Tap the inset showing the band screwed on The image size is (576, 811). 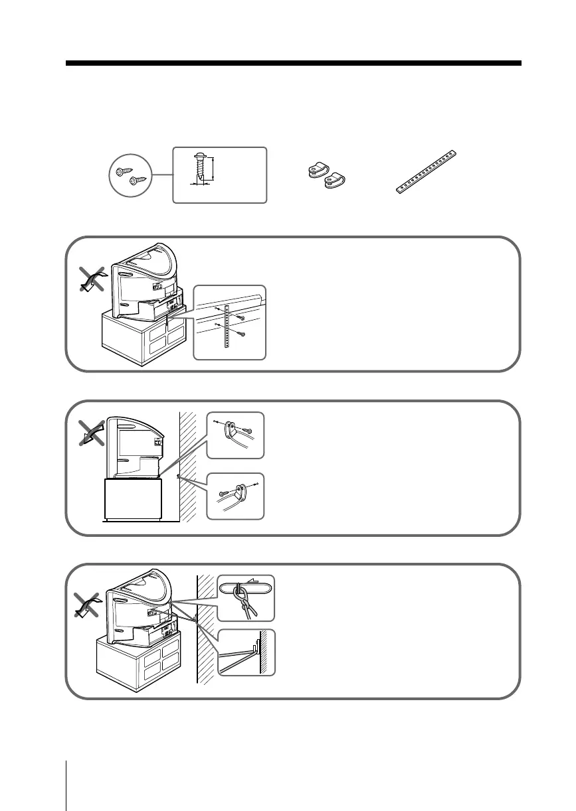pos(229,323)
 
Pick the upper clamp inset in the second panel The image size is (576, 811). pos(235,435)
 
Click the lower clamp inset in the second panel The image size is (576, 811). pos(235,496)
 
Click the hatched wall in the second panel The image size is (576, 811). pos(189,465)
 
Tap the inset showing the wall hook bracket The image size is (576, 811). pos(246,652)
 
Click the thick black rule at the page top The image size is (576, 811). pos(293,64)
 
